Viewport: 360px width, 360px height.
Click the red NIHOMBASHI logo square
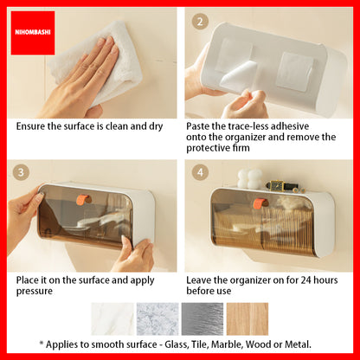(33, 33)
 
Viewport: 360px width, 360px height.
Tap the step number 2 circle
(200, 22)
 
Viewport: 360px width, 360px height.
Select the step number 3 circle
(21, 172)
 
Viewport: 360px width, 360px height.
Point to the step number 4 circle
(200, 172)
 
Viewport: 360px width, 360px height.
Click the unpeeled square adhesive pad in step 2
(294, 71)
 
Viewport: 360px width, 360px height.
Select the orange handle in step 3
(83, 199)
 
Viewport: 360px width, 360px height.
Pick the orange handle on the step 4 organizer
(260, 203)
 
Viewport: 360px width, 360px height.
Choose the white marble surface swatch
(112, 319)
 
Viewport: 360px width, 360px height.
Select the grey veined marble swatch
(157, 319)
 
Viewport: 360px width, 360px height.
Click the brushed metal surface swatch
(202, 319)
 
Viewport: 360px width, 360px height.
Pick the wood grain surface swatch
(247, 319)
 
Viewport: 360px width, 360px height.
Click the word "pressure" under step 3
(35, 292)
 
